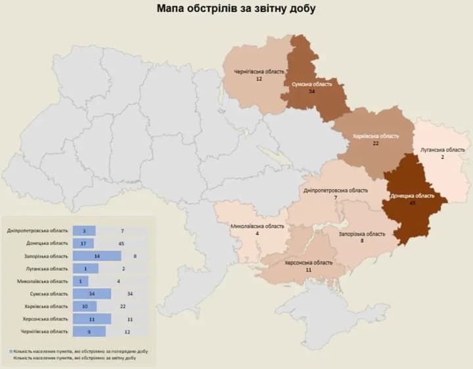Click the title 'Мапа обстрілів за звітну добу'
pyautogui.click(x=236, y=9)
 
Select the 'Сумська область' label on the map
pyautogui.click(x=312, y=84)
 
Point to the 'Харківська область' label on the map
pyautogui.click(x=375, y=135)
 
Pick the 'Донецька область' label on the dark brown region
pyautogui.click(x=412, y=196)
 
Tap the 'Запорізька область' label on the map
pyautogui.click(x=362, y=233)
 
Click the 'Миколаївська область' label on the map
pyautogui.click(x=258, y=226)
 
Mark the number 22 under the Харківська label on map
pyautogui.click(x=376, y=143)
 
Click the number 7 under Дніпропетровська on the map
pyautogui.click(x=335, y=198)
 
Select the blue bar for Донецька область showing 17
pyautogui.click(x=84, y=244)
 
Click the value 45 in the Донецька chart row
pyautogui.click(x=122, y=244)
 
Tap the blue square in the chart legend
pyautogui.click(x=12, y=353)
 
